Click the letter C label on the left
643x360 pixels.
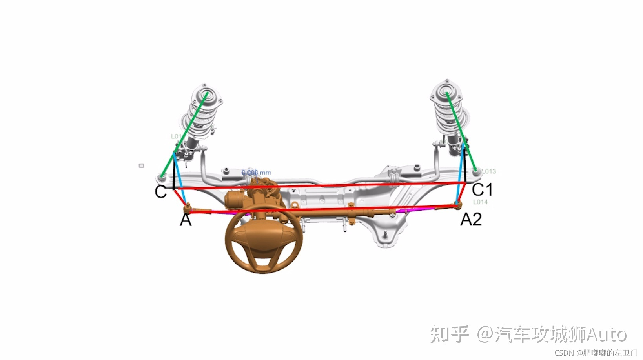pos(161,191)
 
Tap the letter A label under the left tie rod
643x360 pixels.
pos(186,220)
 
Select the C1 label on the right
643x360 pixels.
pos(482,189)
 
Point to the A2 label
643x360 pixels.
pos(471,219)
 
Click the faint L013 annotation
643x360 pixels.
pos(489,171)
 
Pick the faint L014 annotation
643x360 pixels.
pos(480,202)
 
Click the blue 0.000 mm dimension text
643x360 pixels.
pos(256,173)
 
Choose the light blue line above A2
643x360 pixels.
pos(460,176)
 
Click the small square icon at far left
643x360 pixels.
pos(141,166)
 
